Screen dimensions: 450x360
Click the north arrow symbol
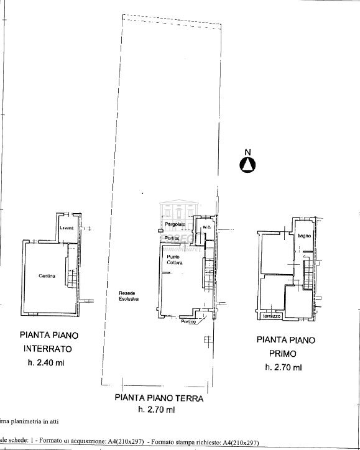[248, 164]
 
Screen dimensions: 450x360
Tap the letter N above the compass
[247, 152]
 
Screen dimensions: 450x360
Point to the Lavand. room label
[67, 228]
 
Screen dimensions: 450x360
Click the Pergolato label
[176, 224]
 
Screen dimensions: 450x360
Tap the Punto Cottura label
[175, 260]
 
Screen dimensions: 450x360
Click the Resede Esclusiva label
[129, 296]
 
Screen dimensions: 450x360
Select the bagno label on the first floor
[304, 236]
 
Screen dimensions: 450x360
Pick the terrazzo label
[272, 316]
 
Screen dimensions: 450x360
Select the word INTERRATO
[49, 349]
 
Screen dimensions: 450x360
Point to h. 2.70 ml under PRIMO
[284, 367]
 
